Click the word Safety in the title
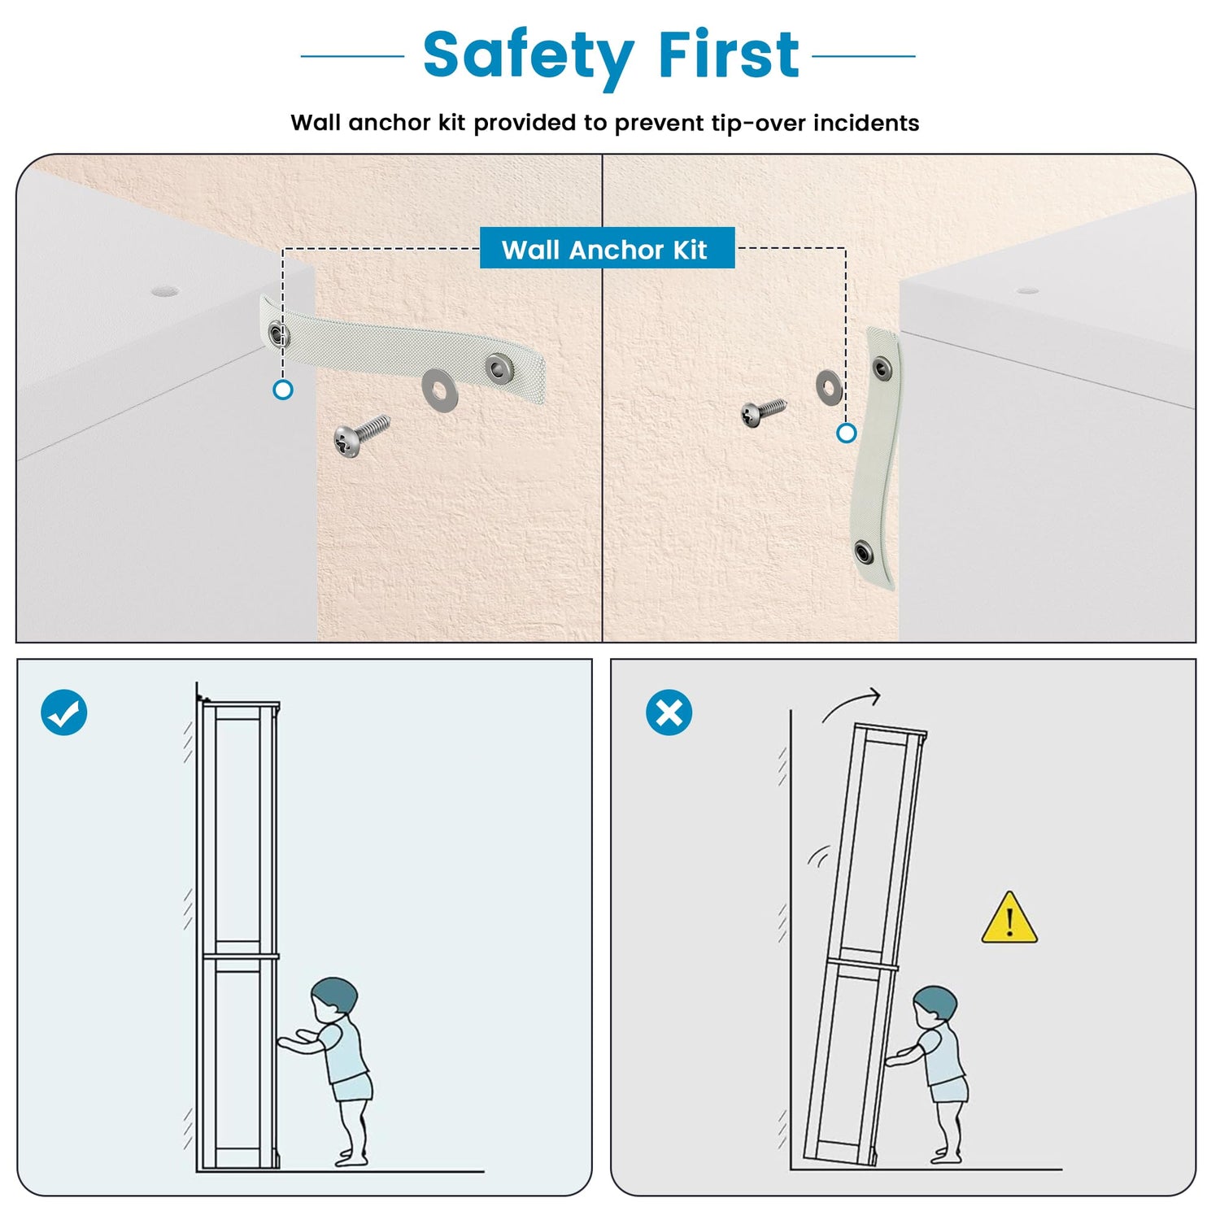click(x=528, y=57)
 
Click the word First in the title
click(x=729, y=55)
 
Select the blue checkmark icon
click(x=64, y=712)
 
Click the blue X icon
click(x=669, y=712)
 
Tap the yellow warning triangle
click(x=1009, y=919)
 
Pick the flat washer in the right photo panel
click(x=829, y=387)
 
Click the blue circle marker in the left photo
click(x=282, y=390)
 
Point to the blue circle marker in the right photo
click(x=847, y=433)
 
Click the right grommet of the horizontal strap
click(x=498, y=367)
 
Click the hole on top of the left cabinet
click(x=164, y=290)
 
